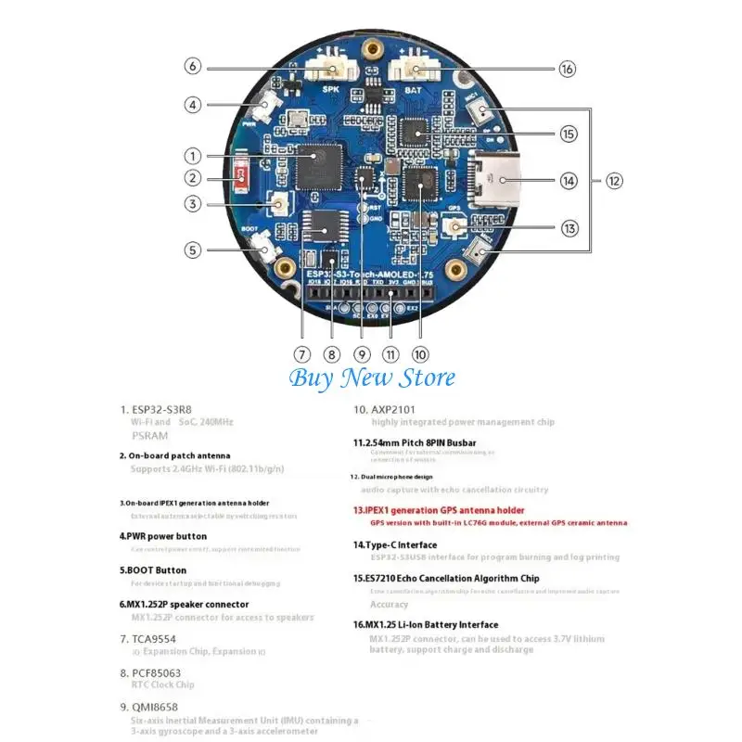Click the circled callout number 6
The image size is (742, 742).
[x=193, y=67]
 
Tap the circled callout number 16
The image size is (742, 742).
[x=568, y=68]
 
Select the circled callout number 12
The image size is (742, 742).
[x=614, y=181]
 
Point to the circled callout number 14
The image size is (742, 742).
[x=568, y=181]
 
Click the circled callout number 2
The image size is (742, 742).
[x=193, y=179]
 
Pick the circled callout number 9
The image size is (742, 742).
[x=363, y=353]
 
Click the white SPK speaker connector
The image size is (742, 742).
[x=330, y=68]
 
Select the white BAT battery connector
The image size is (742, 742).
[x=413, y=68]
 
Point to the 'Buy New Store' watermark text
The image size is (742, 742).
[x=372, y=377]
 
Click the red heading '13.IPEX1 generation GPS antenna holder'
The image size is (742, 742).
[x=439, y=510]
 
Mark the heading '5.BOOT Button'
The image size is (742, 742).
[x=153, y=570]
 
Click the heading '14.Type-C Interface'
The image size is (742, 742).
[x=395, y=544]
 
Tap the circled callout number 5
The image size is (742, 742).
[x=193, y=249]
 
